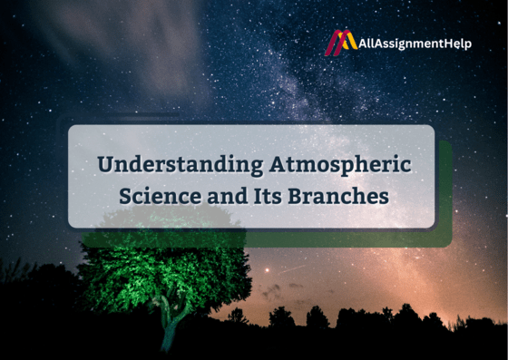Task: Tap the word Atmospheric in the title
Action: point(340,166)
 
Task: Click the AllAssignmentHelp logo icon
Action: point(341,44)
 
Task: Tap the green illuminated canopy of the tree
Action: point(163,268)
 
